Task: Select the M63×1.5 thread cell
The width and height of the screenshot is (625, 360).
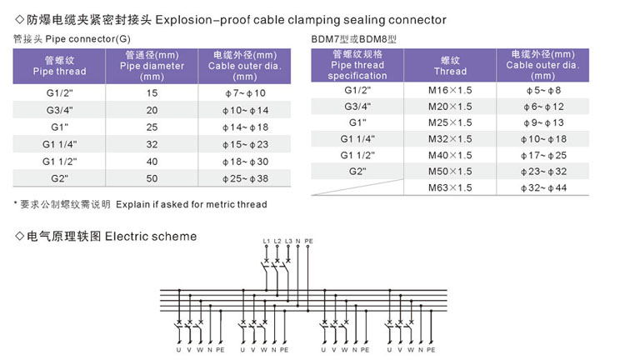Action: (450, 187)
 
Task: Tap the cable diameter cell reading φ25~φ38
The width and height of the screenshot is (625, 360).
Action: (245, 177)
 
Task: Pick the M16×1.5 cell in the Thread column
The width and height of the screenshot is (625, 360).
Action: (450, 89)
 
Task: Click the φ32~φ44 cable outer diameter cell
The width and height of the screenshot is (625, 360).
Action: (542, 187)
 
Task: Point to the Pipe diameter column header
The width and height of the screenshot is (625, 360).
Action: (152, 64)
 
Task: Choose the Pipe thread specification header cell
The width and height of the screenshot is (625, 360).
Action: (357, 64)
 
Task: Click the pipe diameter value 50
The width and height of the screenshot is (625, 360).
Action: (152, 177)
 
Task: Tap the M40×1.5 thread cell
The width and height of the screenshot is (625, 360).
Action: (450, 155)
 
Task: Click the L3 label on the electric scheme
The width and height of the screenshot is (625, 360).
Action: (288, 242)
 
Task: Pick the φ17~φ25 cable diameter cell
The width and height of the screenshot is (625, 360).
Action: (542, 155)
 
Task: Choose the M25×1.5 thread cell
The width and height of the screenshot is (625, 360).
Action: (450, 122)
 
